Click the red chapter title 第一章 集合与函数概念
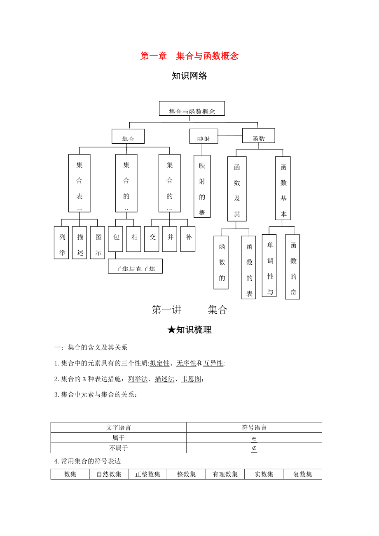[x=189, y=56]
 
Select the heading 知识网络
[x=189, y=76]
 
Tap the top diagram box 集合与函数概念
[x=192, y=109]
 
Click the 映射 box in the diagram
[x=204, y=136]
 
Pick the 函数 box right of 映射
[x=258, y=136]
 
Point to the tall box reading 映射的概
[x=202, y=186]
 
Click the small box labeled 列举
[x=61, y=242]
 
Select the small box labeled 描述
[x=80, y=242]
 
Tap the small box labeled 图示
[x=98, y=242]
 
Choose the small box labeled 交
[x=152, y=239]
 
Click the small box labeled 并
[x=170, y=239]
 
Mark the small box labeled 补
[x=188, y=239]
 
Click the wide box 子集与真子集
[x=135, y=266]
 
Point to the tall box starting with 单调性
[x=269, y=265]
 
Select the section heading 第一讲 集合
[x=189, y=310]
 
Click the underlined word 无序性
[x=186, y=363]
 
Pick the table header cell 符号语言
[x=254, y=428]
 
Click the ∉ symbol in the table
[x=254, y=448]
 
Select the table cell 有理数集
[x=225, y=474]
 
